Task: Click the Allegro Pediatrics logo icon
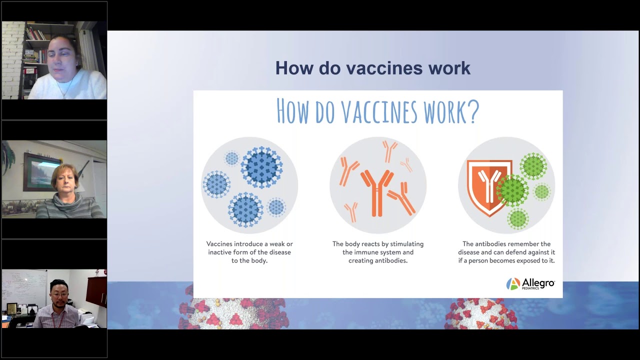click(x=513, y=283)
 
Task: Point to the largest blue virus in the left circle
click(x=261, y=167)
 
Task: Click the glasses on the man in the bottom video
click(x=59, y=294)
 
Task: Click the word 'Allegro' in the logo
click(x=538, y=283)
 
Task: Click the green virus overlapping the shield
click(x=512, y=190)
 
